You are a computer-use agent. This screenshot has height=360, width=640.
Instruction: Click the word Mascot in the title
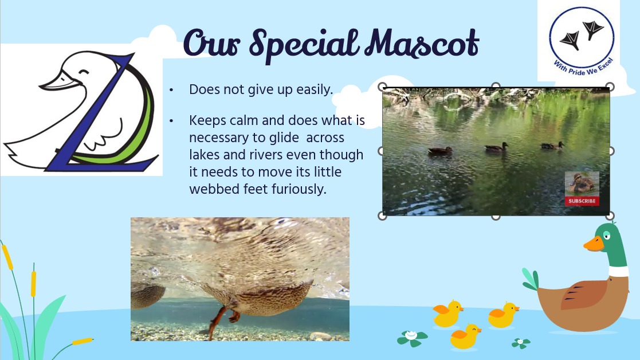point(422,43)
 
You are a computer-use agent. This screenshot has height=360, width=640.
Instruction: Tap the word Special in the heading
point(304,45)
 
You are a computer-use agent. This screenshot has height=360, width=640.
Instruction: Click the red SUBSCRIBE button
point(582,201)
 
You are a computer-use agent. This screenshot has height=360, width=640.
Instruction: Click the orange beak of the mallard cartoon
point(593,244)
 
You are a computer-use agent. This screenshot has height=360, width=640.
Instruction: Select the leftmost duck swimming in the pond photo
point(440,151)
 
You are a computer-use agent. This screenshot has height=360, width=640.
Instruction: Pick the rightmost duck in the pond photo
point(552,145)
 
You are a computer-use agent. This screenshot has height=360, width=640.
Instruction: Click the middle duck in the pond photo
point(496,147)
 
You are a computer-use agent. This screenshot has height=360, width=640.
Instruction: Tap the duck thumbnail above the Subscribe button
point(582,183)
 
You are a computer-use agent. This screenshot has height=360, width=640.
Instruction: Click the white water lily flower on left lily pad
point(411,335)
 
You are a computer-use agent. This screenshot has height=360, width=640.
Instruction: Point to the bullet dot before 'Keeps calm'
point(171,121)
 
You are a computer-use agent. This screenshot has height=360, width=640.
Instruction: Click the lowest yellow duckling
point(465,336)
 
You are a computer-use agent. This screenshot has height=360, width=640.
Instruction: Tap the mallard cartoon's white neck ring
point(618,271)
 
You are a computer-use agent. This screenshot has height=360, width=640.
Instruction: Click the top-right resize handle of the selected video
point(610,87)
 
